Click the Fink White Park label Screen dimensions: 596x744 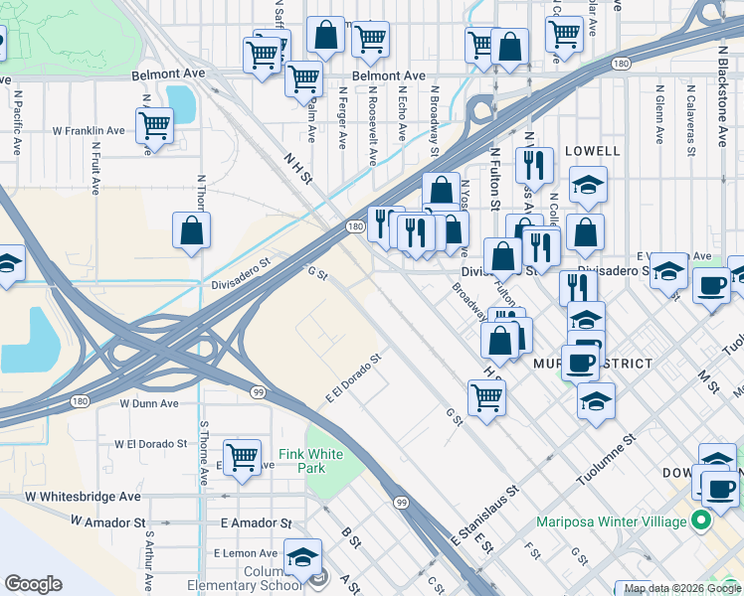click(310, 461)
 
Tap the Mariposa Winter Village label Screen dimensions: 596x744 click(612, 521)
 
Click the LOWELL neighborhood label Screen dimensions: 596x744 click(592, 151)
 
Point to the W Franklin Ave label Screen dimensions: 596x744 click(90, 130)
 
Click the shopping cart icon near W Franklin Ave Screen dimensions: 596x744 click(154, 125)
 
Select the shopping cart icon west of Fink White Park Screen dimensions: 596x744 click(242, 457)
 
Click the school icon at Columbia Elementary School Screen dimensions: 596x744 click(302, 557)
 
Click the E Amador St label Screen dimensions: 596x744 click(257, 522)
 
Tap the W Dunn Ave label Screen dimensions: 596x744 click(149, 404)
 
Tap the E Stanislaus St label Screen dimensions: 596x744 click(485, 516)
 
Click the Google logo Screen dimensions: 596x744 click(33, 584)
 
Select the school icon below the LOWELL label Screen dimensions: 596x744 click(588, 184)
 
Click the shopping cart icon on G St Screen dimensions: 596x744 click(486, 397)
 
